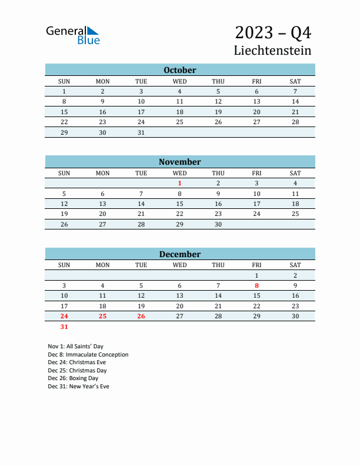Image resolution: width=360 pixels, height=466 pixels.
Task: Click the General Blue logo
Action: click(x=73, y=35)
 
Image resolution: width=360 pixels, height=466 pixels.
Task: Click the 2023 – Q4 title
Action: click(x=273, y=32)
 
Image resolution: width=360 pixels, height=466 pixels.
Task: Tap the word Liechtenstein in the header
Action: click(x=272, y=50)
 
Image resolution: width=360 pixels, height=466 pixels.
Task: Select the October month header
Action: click(x=180, y=70)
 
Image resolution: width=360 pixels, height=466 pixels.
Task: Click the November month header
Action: click(x=180, y=162)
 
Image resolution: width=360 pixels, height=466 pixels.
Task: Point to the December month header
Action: click(x=180, y=254)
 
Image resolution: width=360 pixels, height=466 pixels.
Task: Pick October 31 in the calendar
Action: click(x=141, y=132)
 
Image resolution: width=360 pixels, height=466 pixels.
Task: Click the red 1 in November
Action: click(x=180, y=183)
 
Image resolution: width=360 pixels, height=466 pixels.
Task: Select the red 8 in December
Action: click(x=256, y=285)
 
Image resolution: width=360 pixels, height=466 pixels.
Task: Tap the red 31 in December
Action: click(x=64, y=327)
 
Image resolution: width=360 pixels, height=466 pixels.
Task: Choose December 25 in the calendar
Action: click(x=102, y=316)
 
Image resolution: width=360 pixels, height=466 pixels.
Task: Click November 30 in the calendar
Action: click(x=218, y=224)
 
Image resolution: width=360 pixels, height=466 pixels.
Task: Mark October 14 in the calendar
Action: click(x=295, y=101)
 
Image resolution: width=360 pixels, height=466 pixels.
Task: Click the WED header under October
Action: click(x=180, y=81)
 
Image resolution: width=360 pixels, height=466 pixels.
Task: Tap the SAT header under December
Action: click(x=295, y=265)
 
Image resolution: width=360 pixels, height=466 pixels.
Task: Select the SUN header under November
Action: click(x=64, y=173)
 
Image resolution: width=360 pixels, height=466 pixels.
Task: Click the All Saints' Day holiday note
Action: click(x=76, y=347)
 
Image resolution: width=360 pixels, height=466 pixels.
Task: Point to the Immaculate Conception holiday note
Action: click(x=88, y=355)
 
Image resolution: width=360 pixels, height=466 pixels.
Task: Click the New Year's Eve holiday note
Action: click(x=79, y=387)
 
